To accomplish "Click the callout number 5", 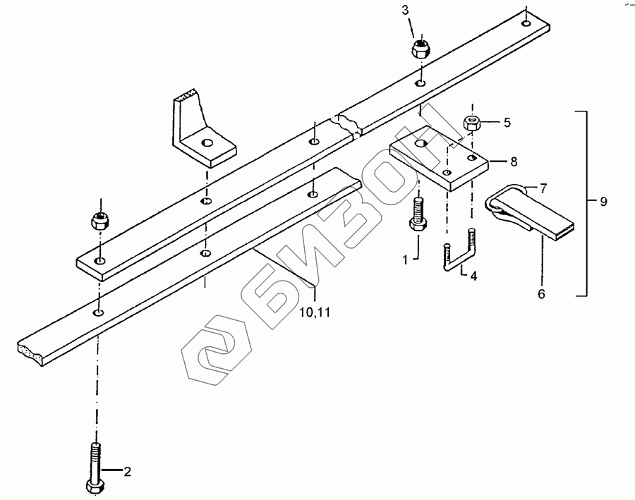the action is click(506, 122).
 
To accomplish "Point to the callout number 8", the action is click(514, 161).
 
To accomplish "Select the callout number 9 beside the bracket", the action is click(603, 202).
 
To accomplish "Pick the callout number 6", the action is click(541, 294).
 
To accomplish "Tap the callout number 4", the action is click(473, 276).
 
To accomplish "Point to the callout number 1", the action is click(406, 260).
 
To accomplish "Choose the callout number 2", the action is click(128, 472).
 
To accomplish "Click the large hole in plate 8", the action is click(421, 145).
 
